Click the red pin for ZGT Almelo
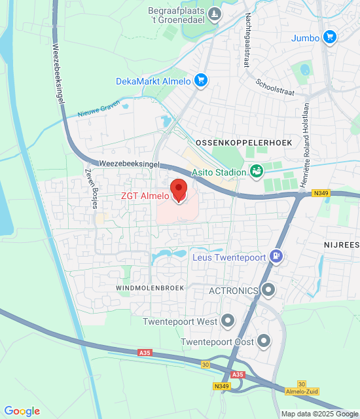click(x=179, y=190)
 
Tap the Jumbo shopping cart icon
click(x=331, y=37)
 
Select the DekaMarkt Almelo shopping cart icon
click(x=200, y=81)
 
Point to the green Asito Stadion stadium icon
click(x=257, y=172)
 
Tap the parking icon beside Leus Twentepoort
click(x=277, y=257)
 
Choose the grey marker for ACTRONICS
click(x=268, y=289)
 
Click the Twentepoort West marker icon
click(x=228, y=321)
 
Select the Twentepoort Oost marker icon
click(x=264, y=340)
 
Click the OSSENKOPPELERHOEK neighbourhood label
click(x=243, y=142)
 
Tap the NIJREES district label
click(x=341, y=244)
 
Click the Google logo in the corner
click(x=22, y=410)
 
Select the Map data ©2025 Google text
click(x=319, y=414)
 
